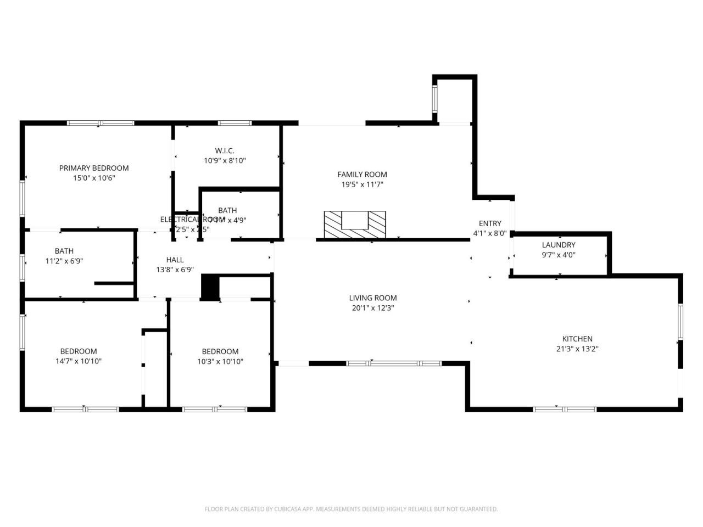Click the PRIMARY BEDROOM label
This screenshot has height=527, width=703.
coord(94,168)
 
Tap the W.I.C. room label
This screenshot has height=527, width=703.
coord(225,150)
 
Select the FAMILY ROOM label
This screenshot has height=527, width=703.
coord(362,175)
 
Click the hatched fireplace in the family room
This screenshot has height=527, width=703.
coord(354,225)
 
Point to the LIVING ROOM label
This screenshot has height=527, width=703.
coord(373,298)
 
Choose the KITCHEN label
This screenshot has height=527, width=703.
coord(577,339)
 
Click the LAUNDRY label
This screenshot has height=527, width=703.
coord(559,245)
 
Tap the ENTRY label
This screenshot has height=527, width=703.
coord(490,223)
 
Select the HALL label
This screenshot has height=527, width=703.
coord(175,260)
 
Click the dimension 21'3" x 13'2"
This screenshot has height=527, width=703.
coord(577,349)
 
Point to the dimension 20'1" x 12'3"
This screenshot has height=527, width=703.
coord(373,308)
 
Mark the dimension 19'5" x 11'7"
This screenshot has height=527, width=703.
coord(362,184)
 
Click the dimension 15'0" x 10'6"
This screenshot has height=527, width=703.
coord(94,178)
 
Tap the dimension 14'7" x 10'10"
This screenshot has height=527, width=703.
coord(79,361)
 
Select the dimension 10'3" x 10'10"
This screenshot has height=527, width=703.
coord(220,361)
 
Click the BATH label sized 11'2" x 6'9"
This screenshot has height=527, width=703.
coord(64,251)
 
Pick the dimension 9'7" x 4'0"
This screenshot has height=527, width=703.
coord(559,255)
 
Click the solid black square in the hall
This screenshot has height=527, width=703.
coord(210,287)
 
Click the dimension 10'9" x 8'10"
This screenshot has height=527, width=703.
coord(225,161)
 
